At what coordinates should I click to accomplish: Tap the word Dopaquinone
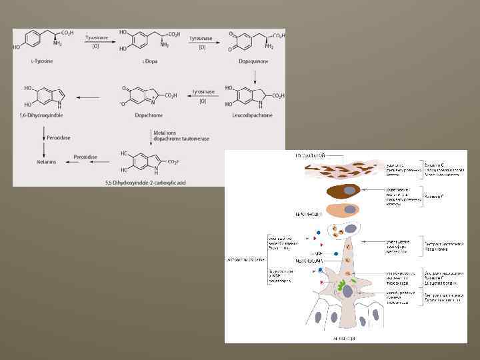253,61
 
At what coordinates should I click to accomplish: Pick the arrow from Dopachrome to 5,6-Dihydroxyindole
87,97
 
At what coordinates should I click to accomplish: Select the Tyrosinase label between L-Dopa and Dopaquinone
200,39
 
